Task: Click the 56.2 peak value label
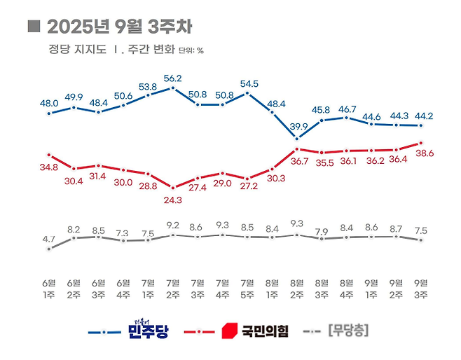pos(172,78)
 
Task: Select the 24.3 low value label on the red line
pos(172,200)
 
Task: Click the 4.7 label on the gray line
pos(48,240)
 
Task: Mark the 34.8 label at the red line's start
pos(49,167)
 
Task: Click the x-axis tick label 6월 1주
pos(48,288)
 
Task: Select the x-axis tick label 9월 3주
pos(421,288)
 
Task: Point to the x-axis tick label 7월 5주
pos(247,288)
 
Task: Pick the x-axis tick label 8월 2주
pos(296,288)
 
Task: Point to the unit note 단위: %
pos(191,50)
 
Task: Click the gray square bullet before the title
pos(32,27)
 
